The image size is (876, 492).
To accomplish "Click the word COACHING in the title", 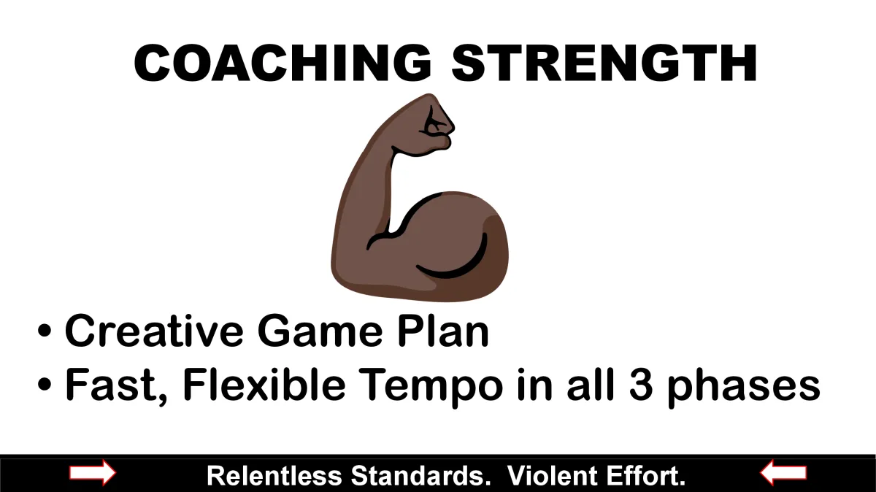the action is point(283,63).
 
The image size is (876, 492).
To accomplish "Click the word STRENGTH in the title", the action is point(604,63).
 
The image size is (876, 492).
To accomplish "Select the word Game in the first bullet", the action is point(320,331).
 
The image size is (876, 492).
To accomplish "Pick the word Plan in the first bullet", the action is point(443,331).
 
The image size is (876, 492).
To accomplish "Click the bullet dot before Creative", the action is point(45,330).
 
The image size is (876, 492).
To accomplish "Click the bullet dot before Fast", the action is point(45,384).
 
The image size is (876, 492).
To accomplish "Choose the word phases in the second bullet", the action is point(743,388).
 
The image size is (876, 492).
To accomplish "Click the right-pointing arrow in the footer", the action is point(93,473).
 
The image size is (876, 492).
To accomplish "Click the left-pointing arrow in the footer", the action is point(783,473).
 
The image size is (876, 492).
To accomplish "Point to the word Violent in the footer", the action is point(552,475).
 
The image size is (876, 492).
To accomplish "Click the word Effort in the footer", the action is point(642,475).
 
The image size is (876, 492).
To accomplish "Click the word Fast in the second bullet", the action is point(116,386).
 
